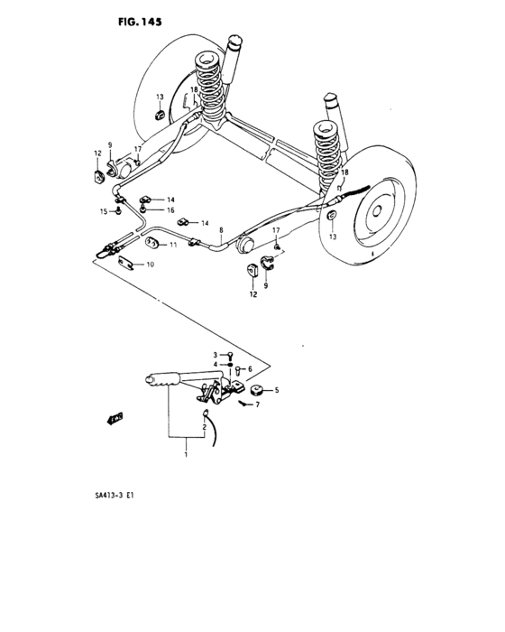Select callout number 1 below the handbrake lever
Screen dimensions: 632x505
187,457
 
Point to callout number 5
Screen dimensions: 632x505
277,390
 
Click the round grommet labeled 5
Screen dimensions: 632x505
255,390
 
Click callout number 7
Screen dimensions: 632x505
257,404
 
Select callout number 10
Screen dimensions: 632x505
150,265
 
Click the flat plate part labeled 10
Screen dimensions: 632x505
126,264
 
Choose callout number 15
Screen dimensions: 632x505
104,211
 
